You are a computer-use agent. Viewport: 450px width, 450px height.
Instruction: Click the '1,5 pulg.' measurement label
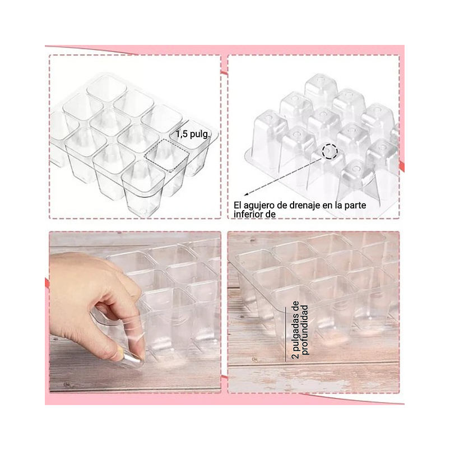tap(193, 134)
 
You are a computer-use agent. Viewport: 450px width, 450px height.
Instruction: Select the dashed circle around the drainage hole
tap(330, 151)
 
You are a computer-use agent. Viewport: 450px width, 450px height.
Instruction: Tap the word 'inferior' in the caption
tap(248, 215)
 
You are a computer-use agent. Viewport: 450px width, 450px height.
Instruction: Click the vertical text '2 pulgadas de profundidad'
tap(300, 330)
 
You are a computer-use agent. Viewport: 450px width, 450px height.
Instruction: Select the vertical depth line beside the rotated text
tap(286, 334)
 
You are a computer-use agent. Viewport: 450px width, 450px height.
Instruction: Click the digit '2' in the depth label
tap(295, 356)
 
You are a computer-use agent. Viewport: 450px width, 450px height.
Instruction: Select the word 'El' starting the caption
tap(236, 206)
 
